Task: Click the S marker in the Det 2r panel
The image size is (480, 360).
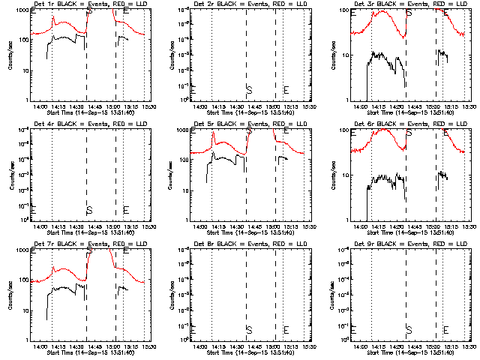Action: tap(249, 90)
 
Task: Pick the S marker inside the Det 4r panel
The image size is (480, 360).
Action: tap(89, 210)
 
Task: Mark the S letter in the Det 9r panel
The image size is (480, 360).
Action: tap(409, 330)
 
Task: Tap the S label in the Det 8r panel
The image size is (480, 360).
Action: tap(249, 330)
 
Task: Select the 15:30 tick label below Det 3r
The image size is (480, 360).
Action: tap(469, 106)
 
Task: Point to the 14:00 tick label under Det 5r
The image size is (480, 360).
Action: tap(200, 226)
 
